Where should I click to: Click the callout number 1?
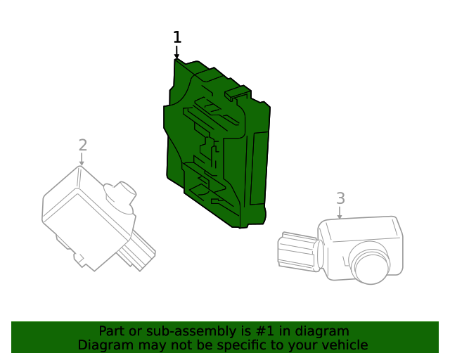tap(177, 37)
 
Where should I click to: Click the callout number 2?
tap(83, 145)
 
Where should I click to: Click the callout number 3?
tap(340, 198)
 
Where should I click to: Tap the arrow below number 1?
tap(176, 53)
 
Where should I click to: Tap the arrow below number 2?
tap(82, 160)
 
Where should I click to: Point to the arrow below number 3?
tap(340, 212)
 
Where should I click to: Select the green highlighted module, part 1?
tap(211, 148)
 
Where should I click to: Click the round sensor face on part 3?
tap(371, 264)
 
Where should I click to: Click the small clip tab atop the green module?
tap(238, 91)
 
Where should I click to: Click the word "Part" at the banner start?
tap(112, 330)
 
